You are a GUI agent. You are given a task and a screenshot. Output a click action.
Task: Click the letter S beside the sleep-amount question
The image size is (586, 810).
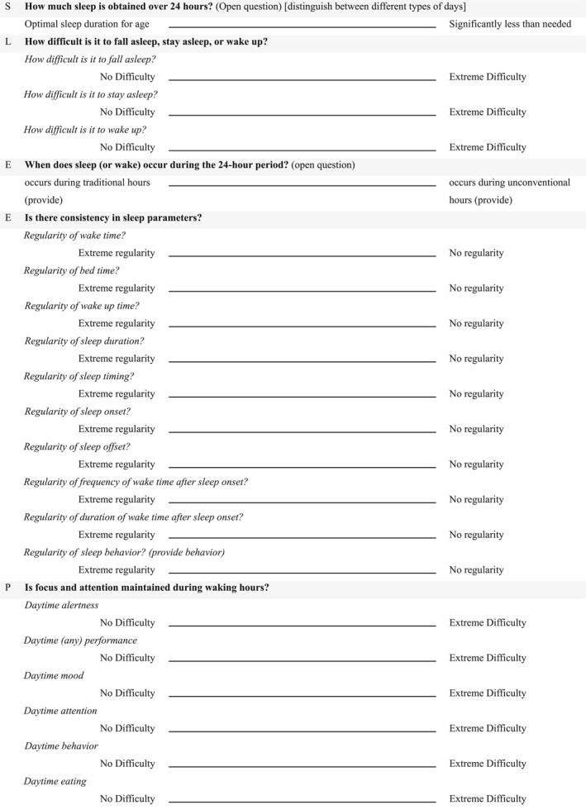click(8, 6)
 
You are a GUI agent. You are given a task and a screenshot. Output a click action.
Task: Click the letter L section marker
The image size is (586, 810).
click(8, 41)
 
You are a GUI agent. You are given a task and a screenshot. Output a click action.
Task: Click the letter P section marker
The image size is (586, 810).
click(8, 588)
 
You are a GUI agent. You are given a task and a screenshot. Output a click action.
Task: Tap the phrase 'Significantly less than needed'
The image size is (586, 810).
click(509, 24)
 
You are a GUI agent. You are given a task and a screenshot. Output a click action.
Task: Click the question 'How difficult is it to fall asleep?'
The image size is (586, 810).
click(90, 60)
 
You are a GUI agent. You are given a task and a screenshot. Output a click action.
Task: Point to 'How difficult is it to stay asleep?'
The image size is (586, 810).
click(91, 95)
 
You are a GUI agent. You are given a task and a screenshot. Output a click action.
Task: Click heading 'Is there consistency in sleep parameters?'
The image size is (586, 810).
click(113, 218)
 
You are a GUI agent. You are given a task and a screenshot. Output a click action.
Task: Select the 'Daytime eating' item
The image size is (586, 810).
click(55, 781)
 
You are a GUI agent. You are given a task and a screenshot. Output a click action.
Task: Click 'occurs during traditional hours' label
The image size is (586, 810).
click(88, 183)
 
